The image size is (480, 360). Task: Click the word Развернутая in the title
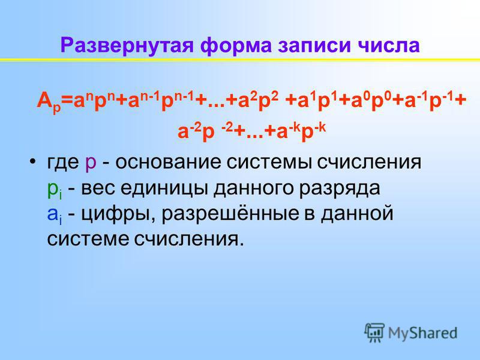(x=127, y=46)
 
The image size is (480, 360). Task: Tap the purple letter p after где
(x=91, y=163)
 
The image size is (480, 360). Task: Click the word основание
(x=168, y=161)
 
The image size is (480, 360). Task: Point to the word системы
(x=271, y=162)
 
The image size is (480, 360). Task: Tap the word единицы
(x=163, y=188)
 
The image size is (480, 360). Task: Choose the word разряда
(x=340, y=188)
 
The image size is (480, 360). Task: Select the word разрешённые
(x=230, y=213)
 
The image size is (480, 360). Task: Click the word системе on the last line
(x=88, y=239)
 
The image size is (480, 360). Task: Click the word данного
(x=253, y=188)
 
